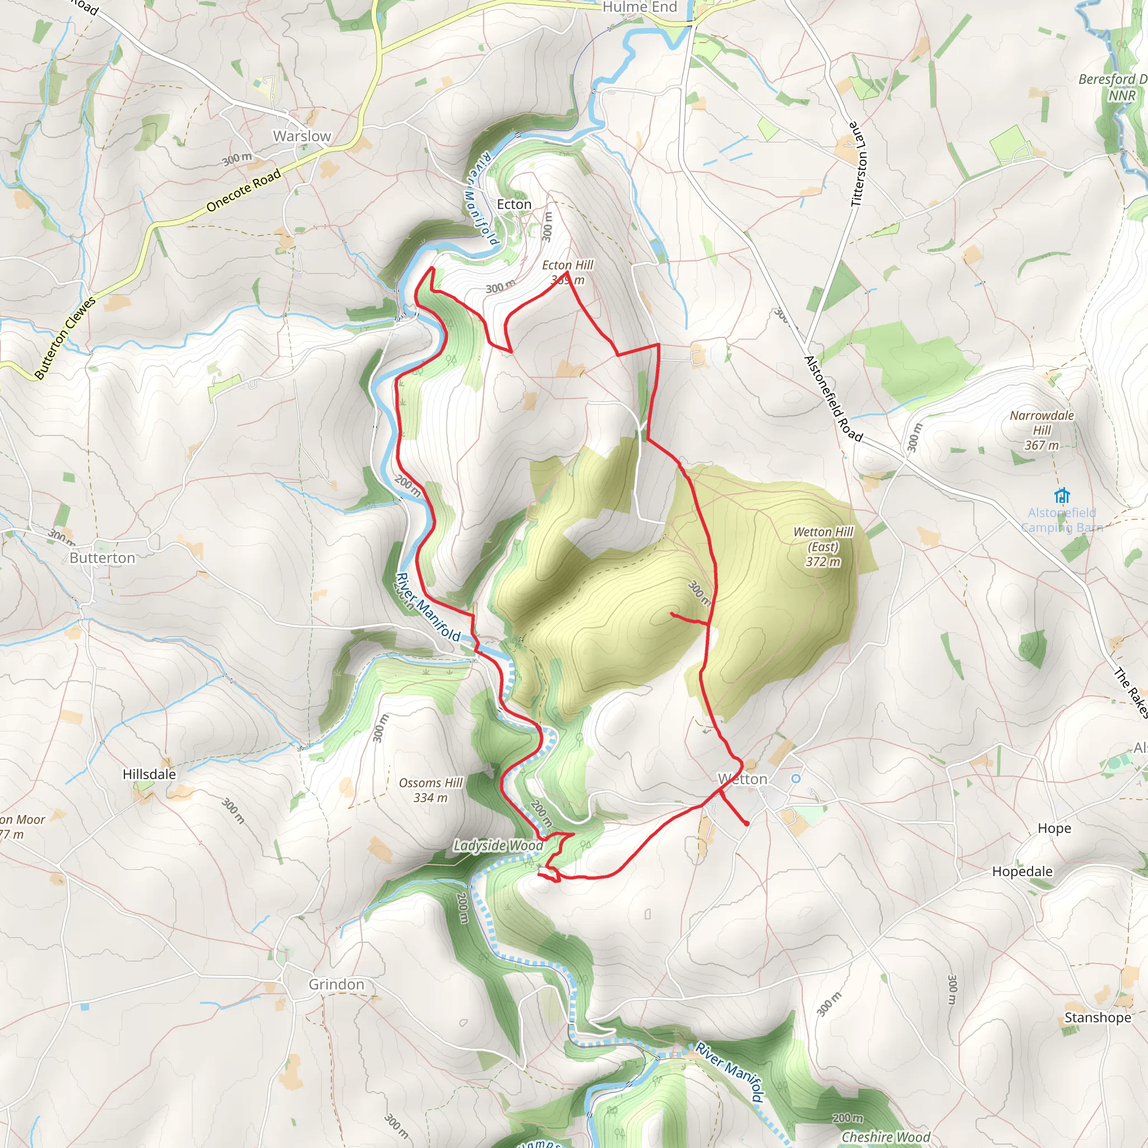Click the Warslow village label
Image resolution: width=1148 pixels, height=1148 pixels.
302,136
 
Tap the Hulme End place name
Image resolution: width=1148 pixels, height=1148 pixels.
640,7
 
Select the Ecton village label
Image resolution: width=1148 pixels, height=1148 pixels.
514,205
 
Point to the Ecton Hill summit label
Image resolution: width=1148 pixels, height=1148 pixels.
567,272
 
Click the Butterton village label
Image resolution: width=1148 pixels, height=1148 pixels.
102,558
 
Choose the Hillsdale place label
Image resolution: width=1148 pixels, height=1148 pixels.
149,774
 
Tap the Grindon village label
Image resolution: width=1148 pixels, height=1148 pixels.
336,984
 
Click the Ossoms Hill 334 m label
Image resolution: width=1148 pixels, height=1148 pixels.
431,790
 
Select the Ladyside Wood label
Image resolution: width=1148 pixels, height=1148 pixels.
498,845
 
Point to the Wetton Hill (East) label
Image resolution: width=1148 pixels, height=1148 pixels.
823,547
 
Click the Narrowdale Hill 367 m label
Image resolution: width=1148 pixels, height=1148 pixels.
1041,430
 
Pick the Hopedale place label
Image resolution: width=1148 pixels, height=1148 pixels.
1022,872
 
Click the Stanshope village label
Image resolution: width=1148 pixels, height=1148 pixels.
1098,1018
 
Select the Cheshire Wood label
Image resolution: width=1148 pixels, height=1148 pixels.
885,1137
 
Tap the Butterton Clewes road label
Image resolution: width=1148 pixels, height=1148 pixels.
65,338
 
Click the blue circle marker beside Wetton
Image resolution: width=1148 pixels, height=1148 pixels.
795,779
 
